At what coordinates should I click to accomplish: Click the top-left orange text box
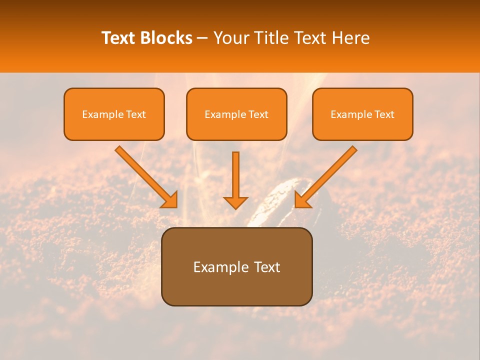[x=114, y=114]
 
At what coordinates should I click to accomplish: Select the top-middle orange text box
[x=236, y=114]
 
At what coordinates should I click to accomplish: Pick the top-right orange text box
[x=362, y=114]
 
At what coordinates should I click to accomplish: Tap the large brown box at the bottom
[x=236, y=266]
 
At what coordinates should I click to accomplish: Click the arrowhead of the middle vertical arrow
[x=235, y=202]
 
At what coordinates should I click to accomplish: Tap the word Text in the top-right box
[x=384, y=114]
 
